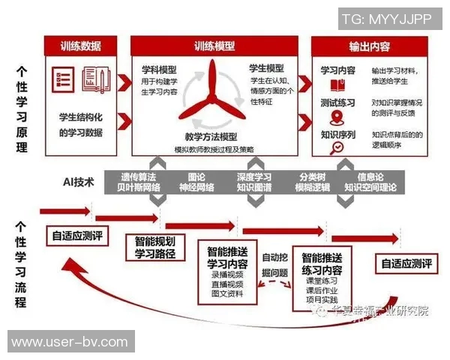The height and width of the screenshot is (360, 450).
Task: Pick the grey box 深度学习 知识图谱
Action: point(254,181)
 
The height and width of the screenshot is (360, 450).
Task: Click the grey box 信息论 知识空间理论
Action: point(370,181)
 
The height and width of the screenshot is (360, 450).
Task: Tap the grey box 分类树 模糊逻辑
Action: point(313,181)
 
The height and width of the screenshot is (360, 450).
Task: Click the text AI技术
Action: point(79,182)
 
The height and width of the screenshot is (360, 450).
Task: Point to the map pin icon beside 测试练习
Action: point(337,118)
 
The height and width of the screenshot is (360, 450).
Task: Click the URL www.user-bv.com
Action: point(70,342)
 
